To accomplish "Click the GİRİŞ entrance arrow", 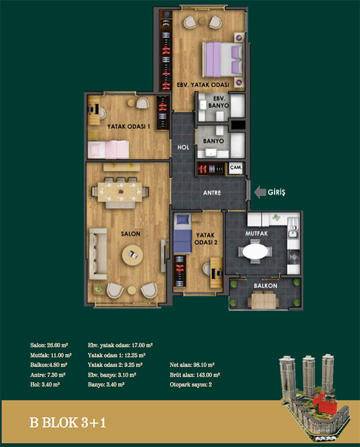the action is click(260, 192).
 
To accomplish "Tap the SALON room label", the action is click(130, 234).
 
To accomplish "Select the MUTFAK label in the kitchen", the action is click(257, 234).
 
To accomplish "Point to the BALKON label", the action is click(266, 285).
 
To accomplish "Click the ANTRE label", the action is click(212, 193).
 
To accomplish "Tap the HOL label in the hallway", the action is click(183, 148).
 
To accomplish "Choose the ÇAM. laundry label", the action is click(236, 167).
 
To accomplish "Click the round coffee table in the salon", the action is click(132, 255).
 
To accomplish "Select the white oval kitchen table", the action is click(255, 252).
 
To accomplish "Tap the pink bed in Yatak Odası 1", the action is click(108, 149).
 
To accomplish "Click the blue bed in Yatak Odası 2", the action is click(183, 233).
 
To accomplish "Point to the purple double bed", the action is click(223, 59).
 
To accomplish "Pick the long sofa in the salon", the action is click(98, 254).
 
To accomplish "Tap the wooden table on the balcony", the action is click(264, 301).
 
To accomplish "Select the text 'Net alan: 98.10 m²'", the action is click(192, 365).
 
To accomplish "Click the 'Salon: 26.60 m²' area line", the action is click(49, 345).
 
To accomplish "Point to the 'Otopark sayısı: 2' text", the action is click(191, 384).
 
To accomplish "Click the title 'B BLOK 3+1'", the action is click(68, 423).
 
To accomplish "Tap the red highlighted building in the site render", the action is click(324, 402).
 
